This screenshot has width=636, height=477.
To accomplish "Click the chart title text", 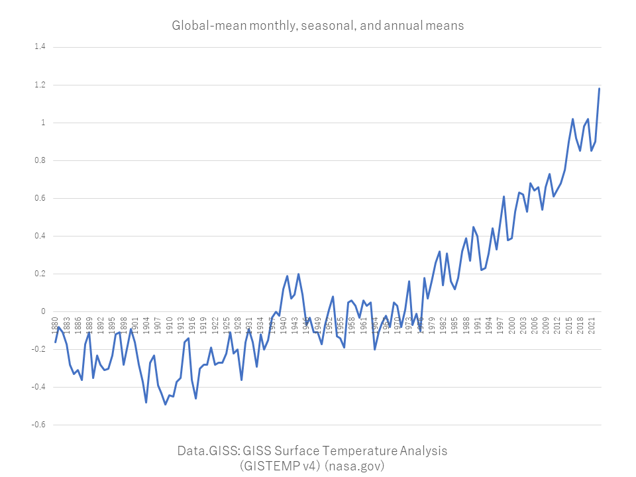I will point(318,26).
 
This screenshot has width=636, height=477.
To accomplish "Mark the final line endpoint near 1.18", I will point(600,88).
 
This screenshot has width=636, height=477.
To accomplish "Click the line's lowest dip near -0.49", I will point(165,404).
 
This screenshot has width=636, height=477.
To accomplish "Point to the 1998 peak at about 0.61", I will point(503,196).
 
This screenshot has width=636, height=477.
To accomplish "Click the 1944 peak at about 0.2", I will point(298,274).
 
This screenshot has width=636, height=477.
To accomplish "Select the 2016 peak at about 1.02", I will point(572,119).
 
